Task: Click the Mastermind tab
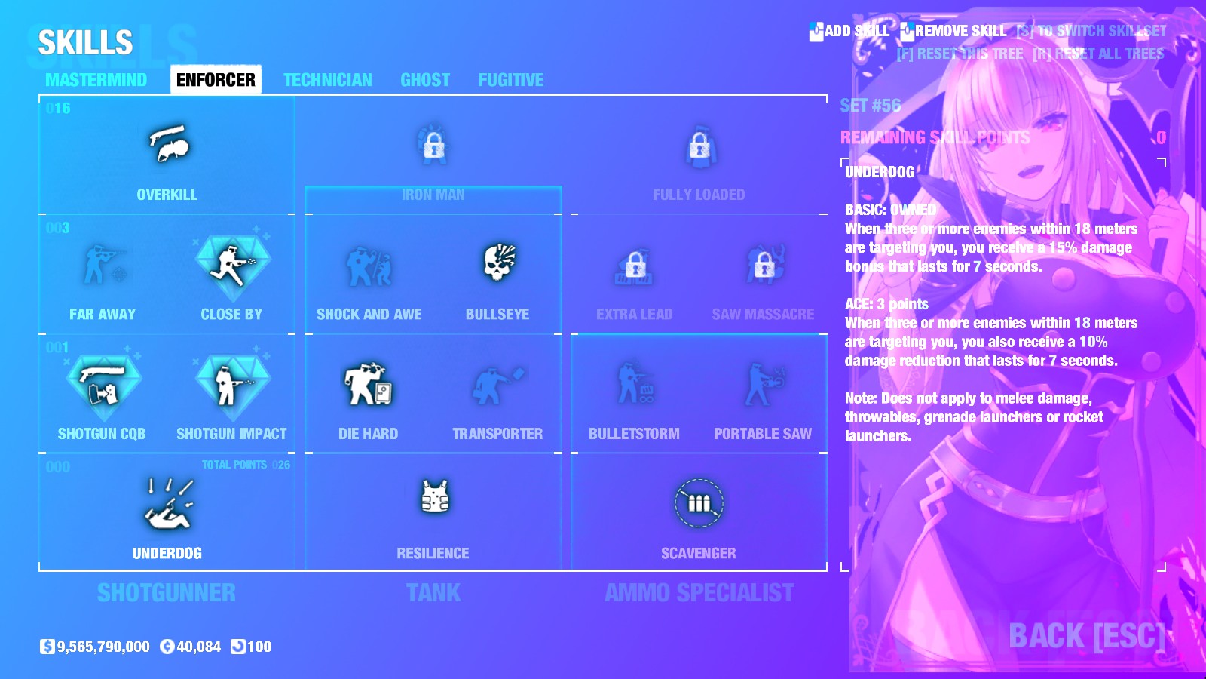(x=96, y=80)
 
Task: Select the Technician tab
(x=327, y=80)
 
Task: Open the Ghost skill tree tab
(x=425, y=80)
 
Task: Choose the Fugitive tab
(x=510, y=80)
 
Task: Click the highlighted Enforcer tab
(x=216, y=80)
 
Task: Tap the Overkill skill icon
(x=167, y=144)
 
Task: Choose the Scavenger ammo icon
(x=699, y=502)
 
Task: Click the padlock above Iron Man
(x=433, y=145)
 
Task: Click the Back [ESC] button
(x=1086, y=636)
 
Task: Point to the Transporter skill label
(x=497, y=434)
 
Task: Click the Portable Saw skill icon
(x=763, y=384)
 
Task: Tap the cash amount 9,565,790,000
(x=103, y=647)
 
